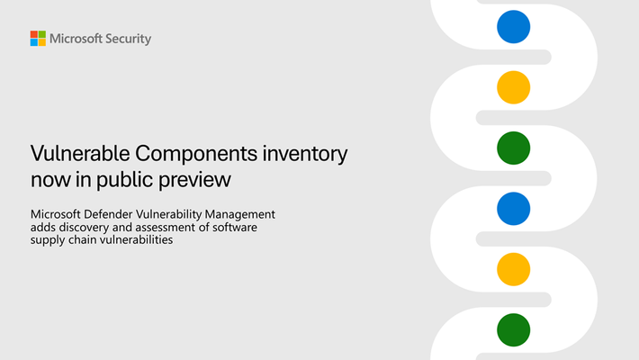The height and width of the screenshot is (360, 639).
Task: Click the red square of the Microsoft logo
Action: coord(34,34)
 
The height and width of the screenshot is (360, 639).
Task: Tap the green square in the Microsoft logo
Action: coord(42,34)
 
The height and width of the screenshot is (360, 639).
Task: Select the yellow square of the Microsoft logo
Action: coord(42,42)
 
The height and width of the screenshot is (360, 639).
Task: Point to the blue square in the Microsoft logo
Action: coord(34,42)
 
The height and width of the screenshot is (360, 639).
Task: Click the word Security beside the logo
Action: coord(129,39)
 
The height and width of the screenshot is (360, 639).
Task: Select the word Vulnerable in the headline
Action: coord(80,153)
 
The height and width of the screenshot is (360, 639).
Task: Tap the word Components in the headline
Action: coord(196,154)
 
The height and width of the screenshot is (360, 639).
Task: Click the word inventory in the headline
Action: coord(305,155)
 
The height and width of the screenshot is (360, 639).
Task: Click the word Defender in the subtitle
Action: coord(108,214)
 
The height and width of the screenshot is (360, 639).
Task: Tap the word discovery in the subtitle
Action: coord(84,227)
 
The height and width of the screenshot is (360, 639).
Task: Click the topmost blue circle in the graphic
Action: coord(514,27)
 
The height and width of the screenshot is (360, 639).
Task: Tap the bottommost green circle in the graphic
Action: coord(514,329)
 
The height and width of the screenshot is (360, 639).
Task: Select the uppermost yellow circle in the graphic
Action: coord(514,87)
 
